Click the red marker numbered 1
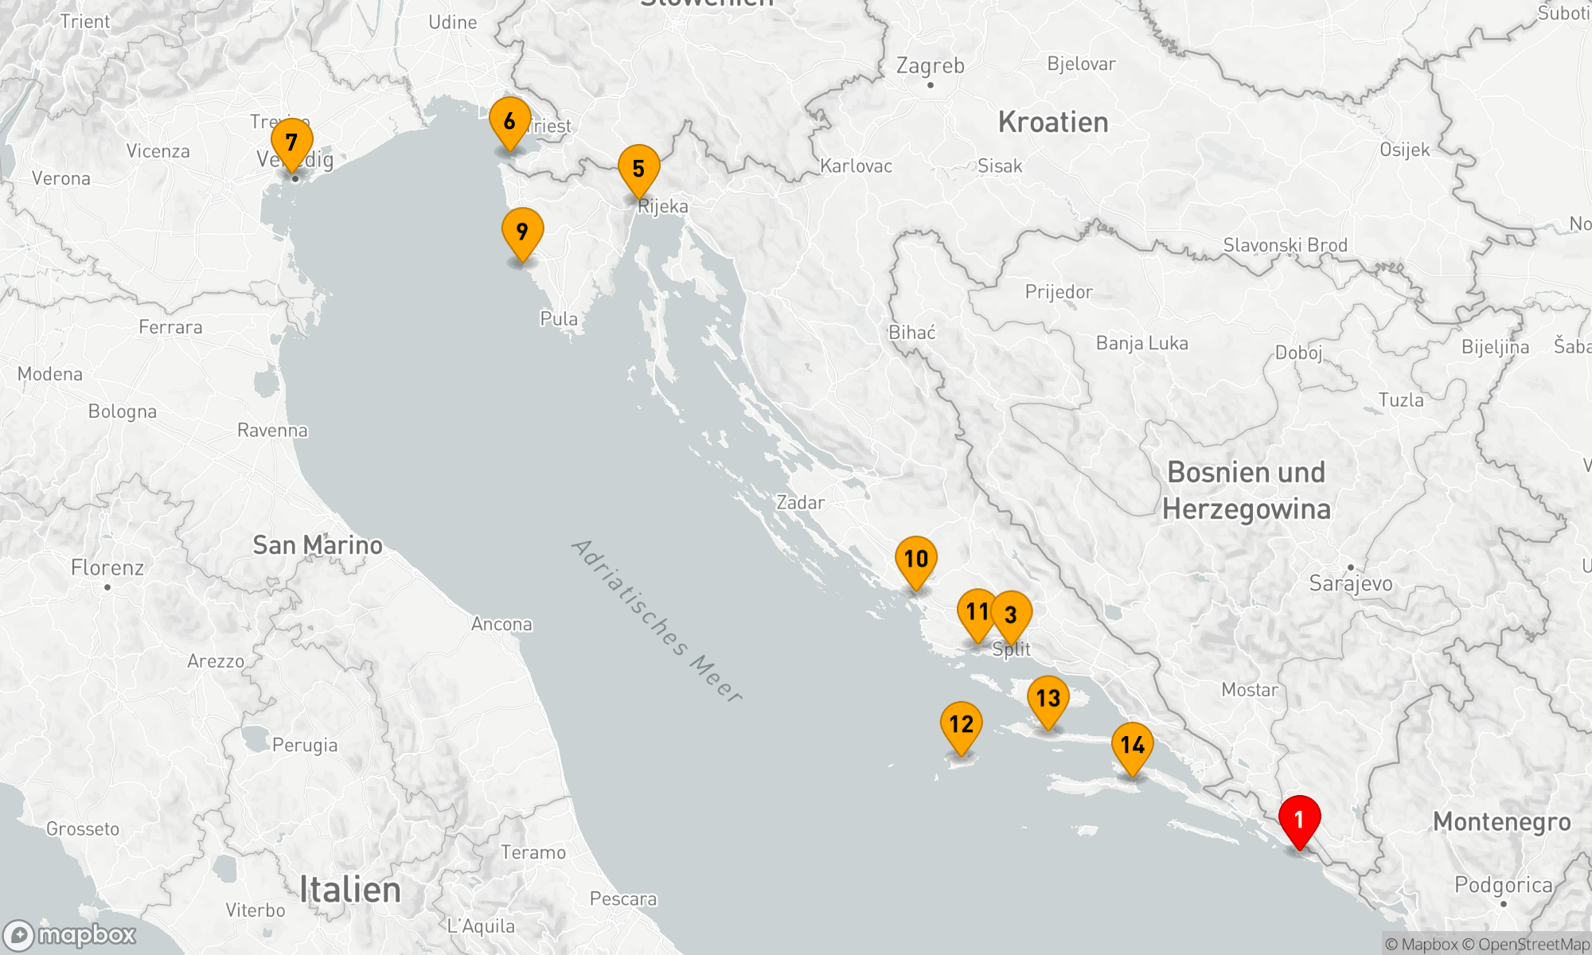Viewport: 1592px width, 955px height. [x=1299, y=820]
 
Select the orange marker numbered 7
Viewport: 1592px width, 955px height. [x=291, y=142]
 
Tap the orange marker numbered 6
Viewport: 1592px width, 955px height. [x=509, y=122]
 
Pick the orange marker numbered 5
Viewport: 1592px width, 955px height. [x=638, y=169]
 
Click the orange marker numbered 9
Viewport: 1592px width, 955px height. [x=522, y=232]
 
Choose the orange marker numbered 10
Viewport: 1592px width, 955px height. [x=915, y=559]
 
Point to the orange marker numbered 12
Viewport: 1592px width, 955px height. [x=961, y=724]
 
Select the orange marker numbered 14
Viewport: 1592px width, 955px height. [x=1132, y=746]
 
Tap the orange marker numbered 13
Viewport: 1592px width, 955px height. [x=1048, y=699]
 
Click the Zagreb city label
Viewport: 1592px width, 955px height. [x=930, y=66]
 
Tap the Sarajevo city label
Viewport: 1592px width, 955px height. [x=1351, y=583]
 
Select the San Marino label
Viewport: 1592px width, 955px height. [x=317, y=545]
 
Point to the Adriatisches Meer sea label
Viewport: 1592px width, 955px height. [x=657, y=622]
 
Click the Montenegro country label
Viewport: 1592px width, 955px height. [x=1501, y=822]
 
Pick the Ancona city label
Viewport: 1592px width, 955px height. [x=501, y=624]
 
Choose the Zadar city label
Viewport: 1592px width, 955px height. [x=800, y=503]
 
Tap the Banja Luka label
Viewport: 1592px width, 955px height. [x=1141, y=343]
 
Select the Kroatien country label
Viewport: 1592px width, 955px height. [x=1052, y=123]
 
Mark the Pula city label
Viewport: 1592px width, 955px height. [x=559, y=319]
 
